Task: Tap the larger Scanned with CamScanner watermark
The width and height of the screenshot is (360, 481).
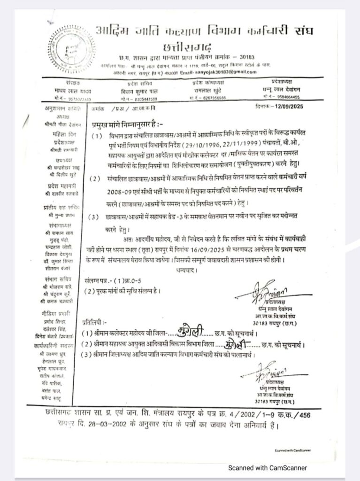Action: [x=268, y=467]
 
